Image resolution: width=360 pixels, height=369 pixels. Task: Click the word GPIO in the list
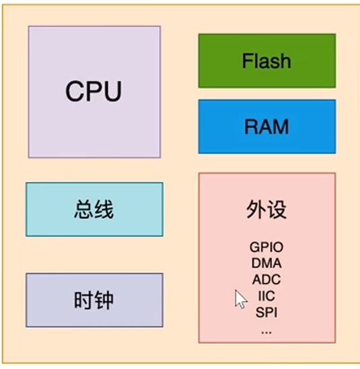point(266,248)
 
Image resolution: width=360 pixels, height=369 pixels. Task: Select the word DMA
point(266,263)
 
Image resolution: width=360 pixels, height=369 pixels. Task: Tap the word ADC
point(266,280)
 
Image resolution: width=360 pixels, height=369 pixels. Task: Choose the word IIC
point(266,296)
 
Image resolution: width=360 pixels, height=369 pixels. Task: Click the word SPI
point(266,312)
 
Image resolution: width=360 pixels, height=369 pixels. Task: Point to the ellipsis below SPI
point(266,329)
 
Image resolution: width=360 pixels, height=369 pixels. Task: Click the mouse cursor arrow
point(240,298)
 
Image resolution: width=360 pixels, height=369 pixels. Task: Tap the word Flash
point(266,61)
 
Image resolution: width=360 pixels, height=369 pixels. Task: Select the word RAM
point(266,126)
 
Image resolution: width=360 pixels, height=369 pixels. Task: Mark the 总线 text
point(94,209)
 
